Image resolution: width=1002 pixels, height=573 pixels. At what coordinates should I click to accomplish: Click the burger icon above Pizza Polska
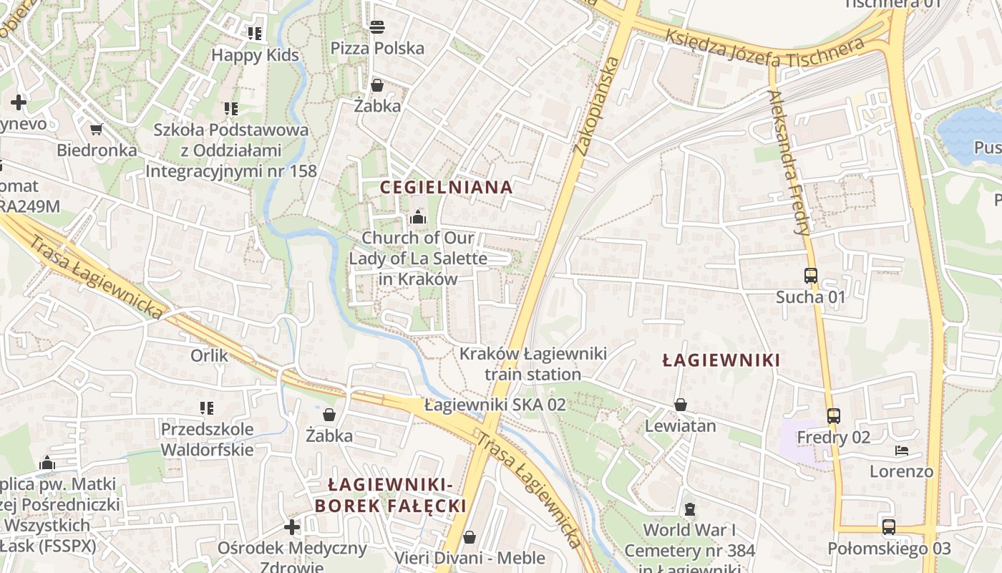pyautogui.click(x=377, y=27)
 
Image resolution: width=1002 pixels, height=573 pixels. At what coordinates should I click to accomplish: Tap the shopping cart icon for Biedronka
pyautogui.click(x=96, y=130)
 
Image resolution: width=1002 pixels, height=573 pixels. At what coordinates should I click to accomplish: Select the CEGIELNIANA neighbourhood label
pyautogui.click(x=446, y=188)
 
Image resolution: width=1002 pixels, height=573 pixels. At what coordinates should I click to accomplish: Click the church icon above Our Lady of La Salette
pyautogui.click(x=418, y=216)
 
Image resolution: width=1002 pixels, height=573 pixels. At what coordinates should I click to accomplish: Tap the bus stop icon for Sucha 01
pyautogui.click(x=810, y=276)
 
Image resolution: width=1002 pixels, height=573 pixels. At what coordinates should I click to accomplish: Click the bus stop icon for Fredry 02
pyautogui.click(x=833, y=416)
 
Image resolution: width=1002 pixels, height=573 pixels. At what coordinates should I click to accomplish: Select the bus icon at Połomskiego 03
pyautogui.click(x=889, y=527)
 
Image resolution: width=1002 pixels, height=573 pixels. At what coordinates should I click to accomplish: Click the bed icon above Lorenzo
pyautogui.click(x=902, y=451)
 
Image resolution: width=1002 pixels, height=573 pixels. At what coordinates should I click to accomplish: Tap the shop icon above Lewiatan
pyautogui.click(x=680, y=405)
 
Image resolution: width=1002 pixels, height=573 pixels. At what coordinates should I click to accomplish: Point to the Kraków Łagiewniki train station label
pyautogui.click(x=533, y=364)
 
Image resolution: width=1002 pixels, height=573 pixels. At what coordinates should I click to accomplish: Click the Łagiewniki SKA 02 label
pyautogui.click(x=495, y=405)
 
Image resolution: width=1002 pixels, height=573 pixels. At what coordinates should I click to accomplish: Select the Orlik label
pyautogui.click(x=209, y=355)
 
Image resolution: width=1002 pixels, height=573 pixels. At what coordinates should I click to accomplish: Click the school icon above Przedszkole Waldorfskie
pyautogui.click(x=207, y=408)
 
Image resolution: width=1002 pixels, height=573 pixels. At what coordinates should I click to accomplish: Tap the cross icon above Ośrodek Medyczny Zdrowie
pyautogui.click(x=292, y=528)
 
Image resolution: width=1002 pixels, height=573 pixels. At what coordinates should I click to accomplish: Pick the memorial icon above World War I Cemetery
pyautogui.click(x=689, y=509)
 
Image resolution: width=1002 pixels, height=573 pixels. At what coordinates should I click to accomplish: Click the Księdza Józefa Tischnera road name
pyautogui.click(x=764, y=49)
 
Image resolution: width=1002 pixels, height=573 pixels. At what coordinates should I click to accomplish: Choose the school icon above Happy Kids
pyautogui.click(x=255, y=33)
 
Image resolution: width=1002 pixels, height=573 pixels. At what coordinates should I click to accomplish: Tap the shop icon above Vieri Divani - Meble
pyautogui.click(x=470, y=536)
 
